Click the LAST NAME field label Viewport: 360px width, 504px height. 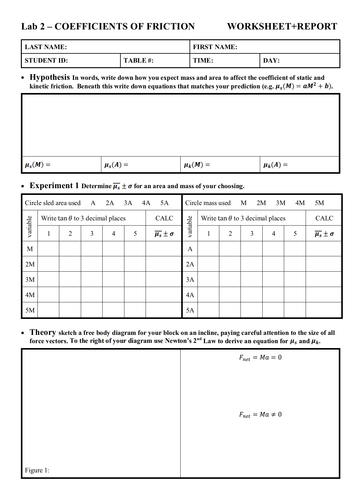pos(46,47)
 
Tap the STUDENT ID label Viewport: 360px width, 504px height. pos(46,60)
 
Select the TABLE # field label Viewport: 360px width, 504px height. pos(138,60)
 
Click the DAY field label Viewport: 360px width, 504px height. pos(271,60)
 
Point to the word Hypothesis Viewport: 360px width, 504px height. pos(50,77)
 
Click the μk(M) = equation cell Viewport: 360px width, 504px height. pos(197,165)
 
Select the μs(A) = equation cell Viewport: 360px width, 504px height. pos(116,165)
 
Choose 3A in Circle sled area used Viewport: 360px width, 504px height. pos(128,203)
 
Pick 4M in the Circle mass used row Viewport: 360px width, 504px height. pos(300,203)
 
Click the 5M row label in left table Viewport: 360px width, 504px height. pos(30,310)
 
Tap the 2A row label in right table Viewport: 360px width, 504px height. pos(190,264)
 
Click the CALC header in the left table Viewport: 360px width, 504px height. pos(164,218)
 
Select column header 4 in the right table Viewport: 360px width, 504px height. pos(273,234)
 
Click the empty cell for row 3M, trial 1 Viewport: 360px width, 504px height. pos(49,280)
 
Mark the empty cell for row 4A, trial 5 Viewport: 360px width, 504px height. pos(295,295)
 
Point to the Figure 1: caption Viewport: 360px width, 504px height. pos(37,470)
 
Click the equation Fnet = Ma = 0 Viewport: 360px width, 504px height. pos(260,358)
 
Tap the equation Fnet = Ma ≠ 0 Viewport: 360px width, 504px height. pos(260,415)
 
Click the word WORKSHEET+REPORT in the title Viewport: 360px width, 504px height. pos(282,26)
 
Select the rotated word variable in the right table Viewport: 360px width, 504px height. pos(190,227)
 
